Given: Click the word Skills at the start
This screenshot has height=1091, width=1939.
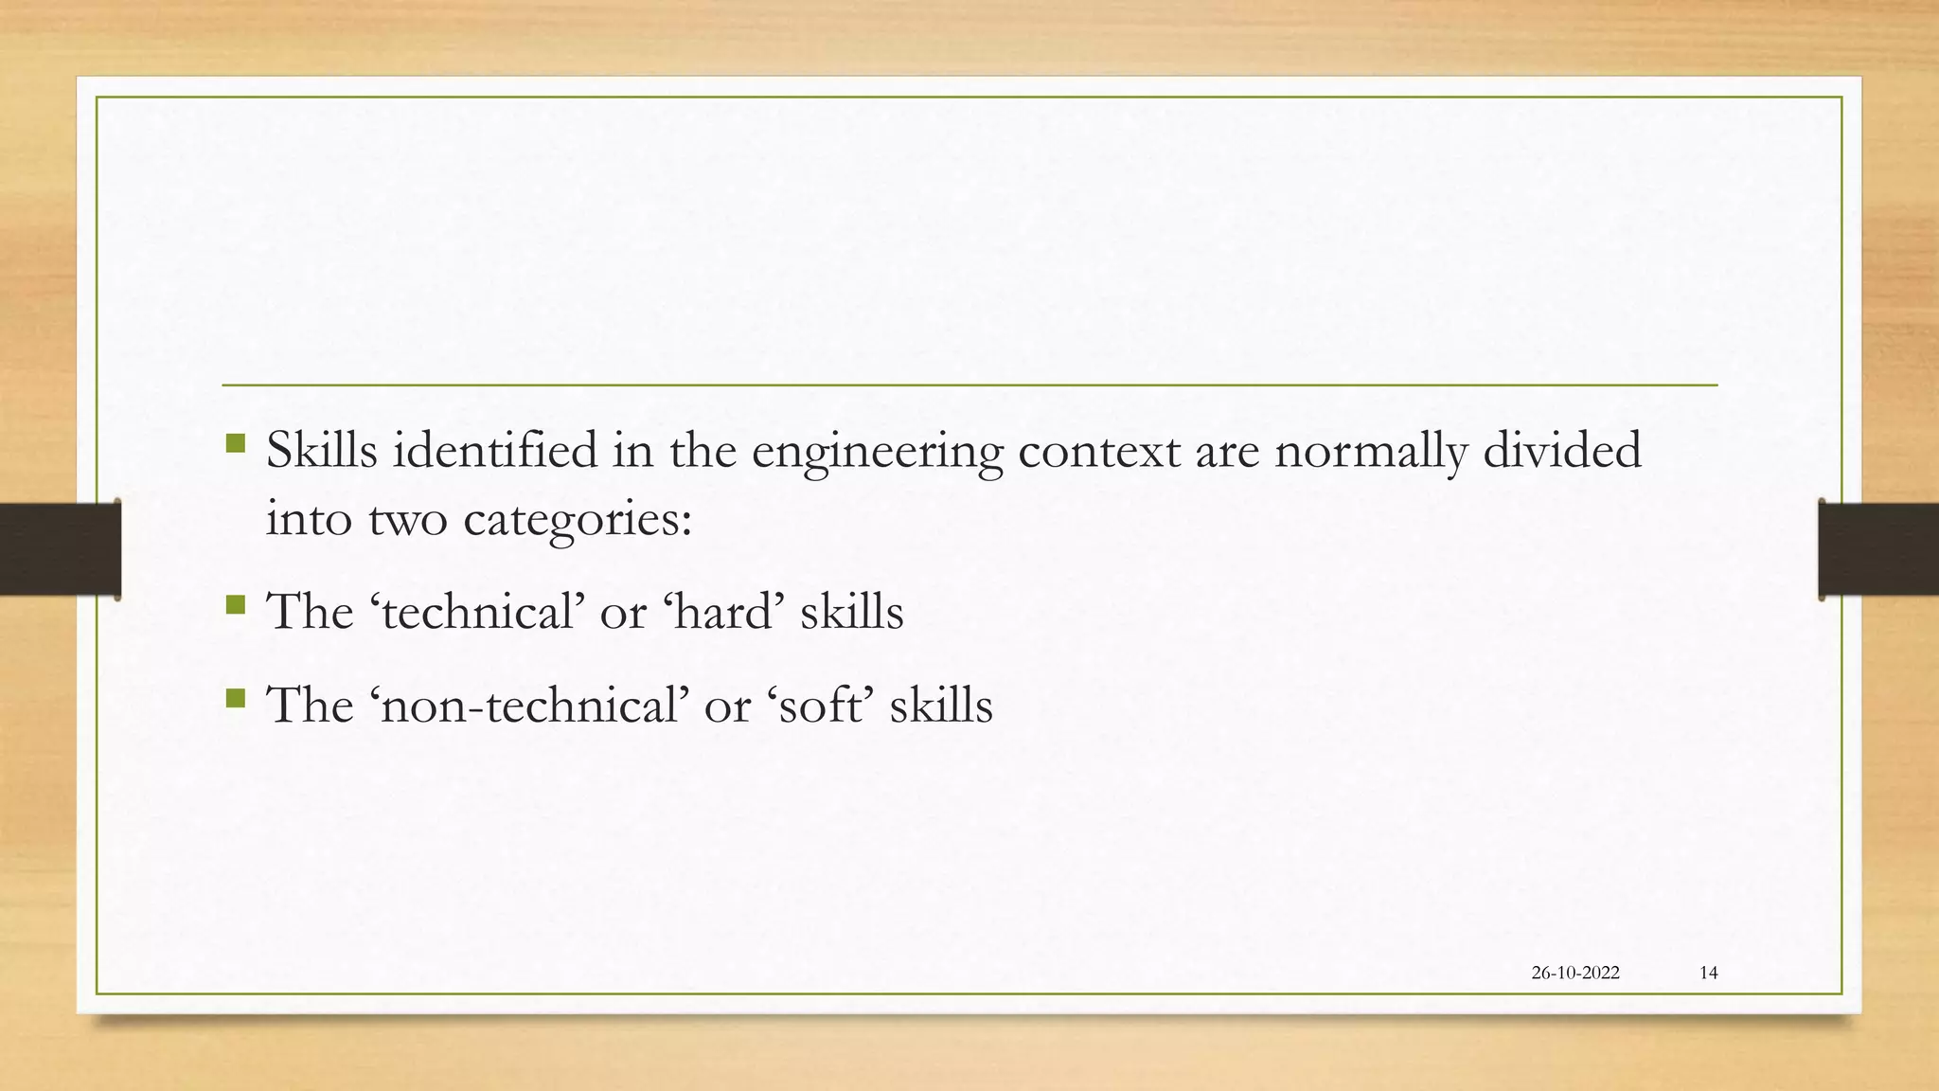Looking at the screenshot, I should (321, 451).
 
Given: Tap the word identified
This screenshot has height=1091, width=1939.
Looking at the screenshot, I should (495, 451).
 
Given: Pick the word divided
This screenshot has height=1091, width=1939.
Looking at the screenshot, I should (1561, 451).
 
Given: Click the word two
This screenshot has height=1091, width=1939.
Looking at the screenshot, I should (407, 520).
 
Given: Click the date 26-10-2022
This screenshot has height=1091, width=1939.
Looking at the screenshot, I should (1574, 973).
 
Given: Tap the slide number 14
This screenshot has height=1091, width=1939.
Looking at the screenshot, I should (1708, 973).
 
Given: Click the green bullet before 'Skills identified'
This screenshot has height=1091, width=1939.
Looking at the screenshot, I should (236, 442).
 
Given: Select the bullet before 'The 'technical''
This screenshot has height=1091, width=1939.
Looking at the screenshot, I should (236, 604).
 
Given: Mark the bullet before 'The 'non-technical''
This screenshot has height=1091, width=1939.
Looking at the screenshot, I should (236, 699).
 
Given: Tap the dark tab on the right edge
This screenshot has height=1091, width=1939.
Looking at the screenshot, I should (1878, 549).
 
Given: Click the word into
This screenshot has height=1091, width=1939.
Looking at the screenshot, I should (309, 520).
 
